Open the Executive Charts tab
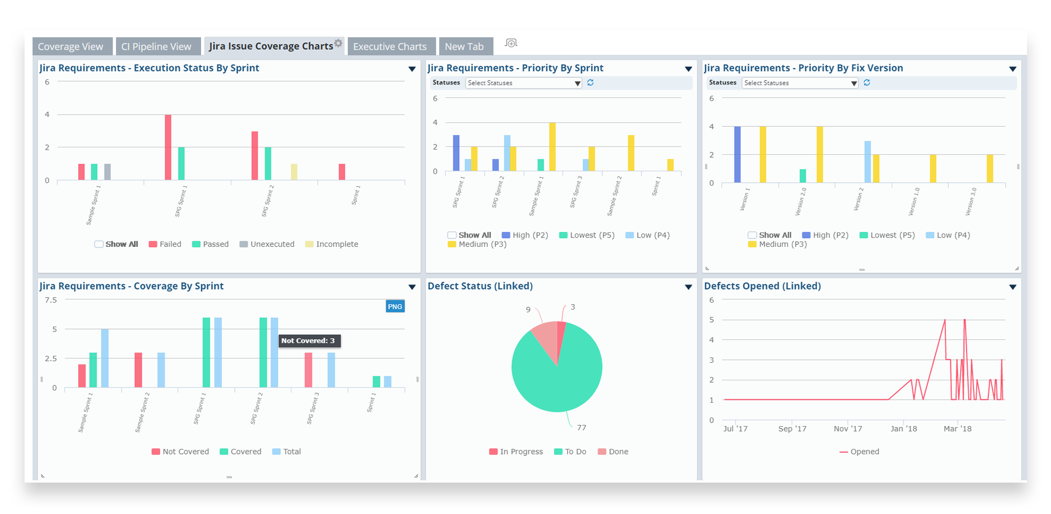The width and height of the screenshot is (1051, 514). tap(390, 47)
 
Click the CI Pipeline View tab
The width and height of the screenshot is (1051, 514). tap(156, 47)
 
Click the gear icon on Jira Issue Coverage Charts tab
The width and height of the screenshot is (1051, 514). tap(339, 43)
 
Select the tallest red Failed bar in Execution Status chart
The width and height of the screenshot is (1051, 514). tap(168, 147)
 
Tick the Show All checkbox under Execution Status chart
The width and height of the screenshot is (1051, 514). tap(99, 244)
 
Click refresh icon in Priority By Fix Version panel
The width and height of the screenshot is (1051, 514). tap(867, 83)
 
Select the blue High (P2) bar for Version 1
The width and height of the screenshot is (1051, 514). tap(737, 154)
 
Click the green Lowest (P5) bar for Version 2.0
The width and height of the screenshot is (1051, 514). tap(803, 176)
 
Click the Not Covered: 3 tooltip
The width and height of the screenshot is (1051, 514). tap(308, 341)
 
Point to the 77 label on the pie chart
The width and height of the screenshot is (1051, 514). tap(581, 428)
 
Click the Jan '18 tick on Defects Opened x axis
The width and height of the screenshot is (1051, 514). tap(904, 429)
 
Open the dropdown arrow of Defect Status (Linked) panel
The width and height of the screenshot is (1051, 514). tap(688, 287)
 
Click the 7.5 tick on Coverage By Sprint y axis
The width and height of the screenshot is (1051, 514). tap(51, 300)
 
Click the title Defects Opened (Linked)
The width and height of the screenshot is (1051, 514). tap(762, 286)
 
